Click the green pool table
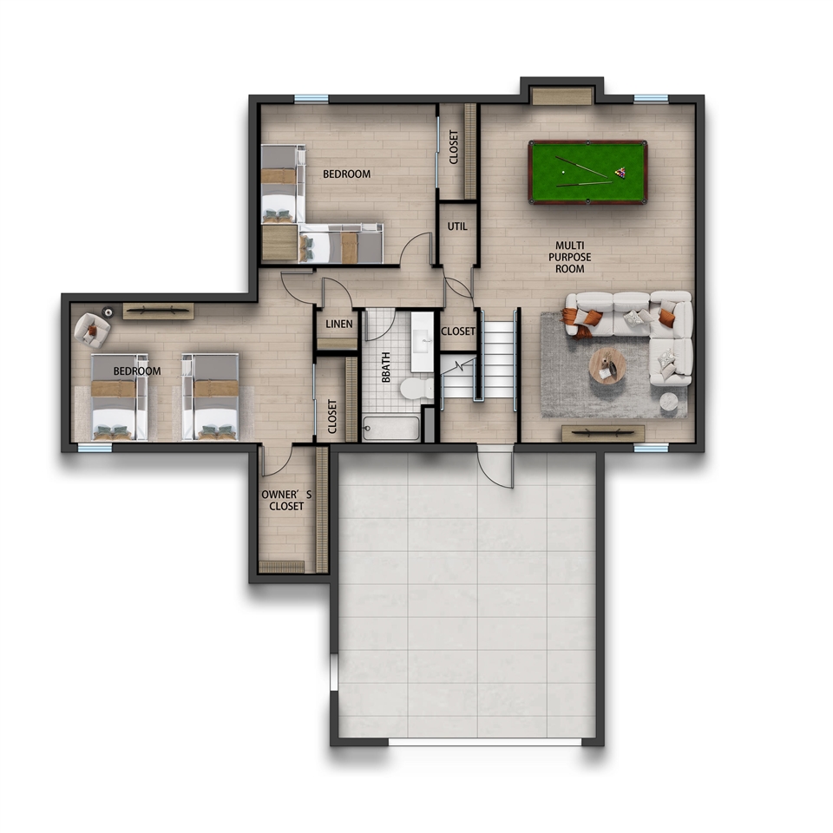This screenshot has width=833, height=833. pyautogui.click(x=587, y=172)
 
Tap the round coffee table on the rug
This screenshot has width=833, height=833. pyautogui.click(x=607, y=365)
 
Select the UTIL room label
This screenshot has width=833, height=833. pyautogui.click(x=457, y=226)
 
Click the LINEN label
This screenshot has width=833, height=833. pyautogui.click(x=339, y=324)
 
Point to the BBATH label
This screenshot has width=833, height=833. pyautogui.click(x=386, y=367)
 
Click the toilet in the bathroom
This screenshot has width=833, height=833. pyautogui.click(x=417, y=388)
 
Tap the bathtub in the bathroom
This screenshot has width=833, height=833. pyautogui.click(x=391, y=429)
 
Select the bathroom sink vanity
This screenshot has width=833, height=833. pyautogui.click(x=423, y=342)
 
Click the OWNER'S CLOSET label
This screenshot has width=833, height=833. pyautogui.click(x=286, y=501)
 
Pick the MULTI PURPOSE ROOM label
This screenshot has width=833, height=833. pyautogui.click(x=569, y=257)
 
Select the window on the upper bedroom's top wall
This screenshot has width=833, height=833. pyautogui.click(x=312, y=98)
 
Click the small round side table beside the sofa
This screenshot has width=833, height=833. pyautogui.click(x=669, y=402)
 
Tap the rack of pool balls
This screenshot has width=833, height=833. pyautogui.click(x=620, y=172)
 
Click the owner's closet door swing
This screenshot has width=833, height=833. pyautogui.click(x=277, y=461)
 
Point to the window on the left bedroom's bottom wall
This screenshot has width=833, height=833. pyautogui.click(x=95, y=449)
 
